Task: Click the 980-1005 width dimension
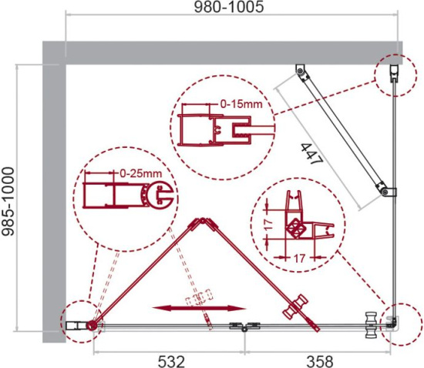[x=229, y=7]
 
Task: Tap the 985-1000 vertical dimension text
[x=8, y=202]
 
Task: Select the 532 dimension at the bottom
[x=171, y=361]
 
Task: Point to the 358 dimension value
[x=320, y=361]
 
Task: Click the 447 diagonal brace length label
[x=311, y=154]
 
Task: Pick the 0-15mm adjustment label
[x=241, y=104]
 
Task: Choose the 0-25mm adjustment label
[x=140, y=173]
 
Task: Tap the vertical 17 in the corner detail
[x=268, y=225]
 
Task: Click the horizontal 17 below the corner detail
[x=299, y=259]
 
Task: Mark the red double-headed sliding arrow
[x=199, y=308]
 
